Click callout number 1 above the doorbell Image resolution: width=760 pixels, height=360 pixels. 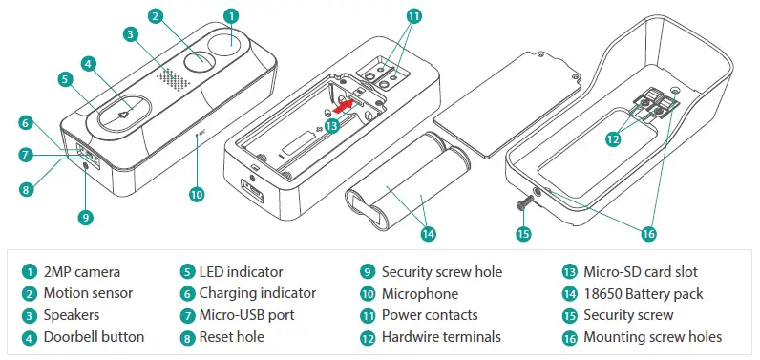point(230,16)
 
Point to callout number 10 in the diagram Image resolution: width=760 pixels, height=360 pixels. point(197,194)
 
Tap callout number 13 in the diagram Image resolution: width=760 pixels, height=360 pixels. point(331,125)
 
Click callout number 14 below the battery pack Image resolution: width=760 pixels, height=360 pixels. point(428,233)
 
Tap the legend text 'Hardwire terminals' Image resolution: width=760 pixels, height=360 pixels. point(440,336)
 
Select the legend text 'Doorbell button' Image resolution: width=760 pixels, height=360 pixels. point(94,336)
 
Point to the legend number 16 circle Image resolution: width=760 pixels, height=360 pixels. point(570,336)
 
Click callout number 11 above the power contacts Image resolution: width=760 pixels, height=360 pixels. point(412,16)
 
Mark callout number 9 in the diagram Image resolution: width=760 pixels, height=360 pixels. point(86,218)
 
